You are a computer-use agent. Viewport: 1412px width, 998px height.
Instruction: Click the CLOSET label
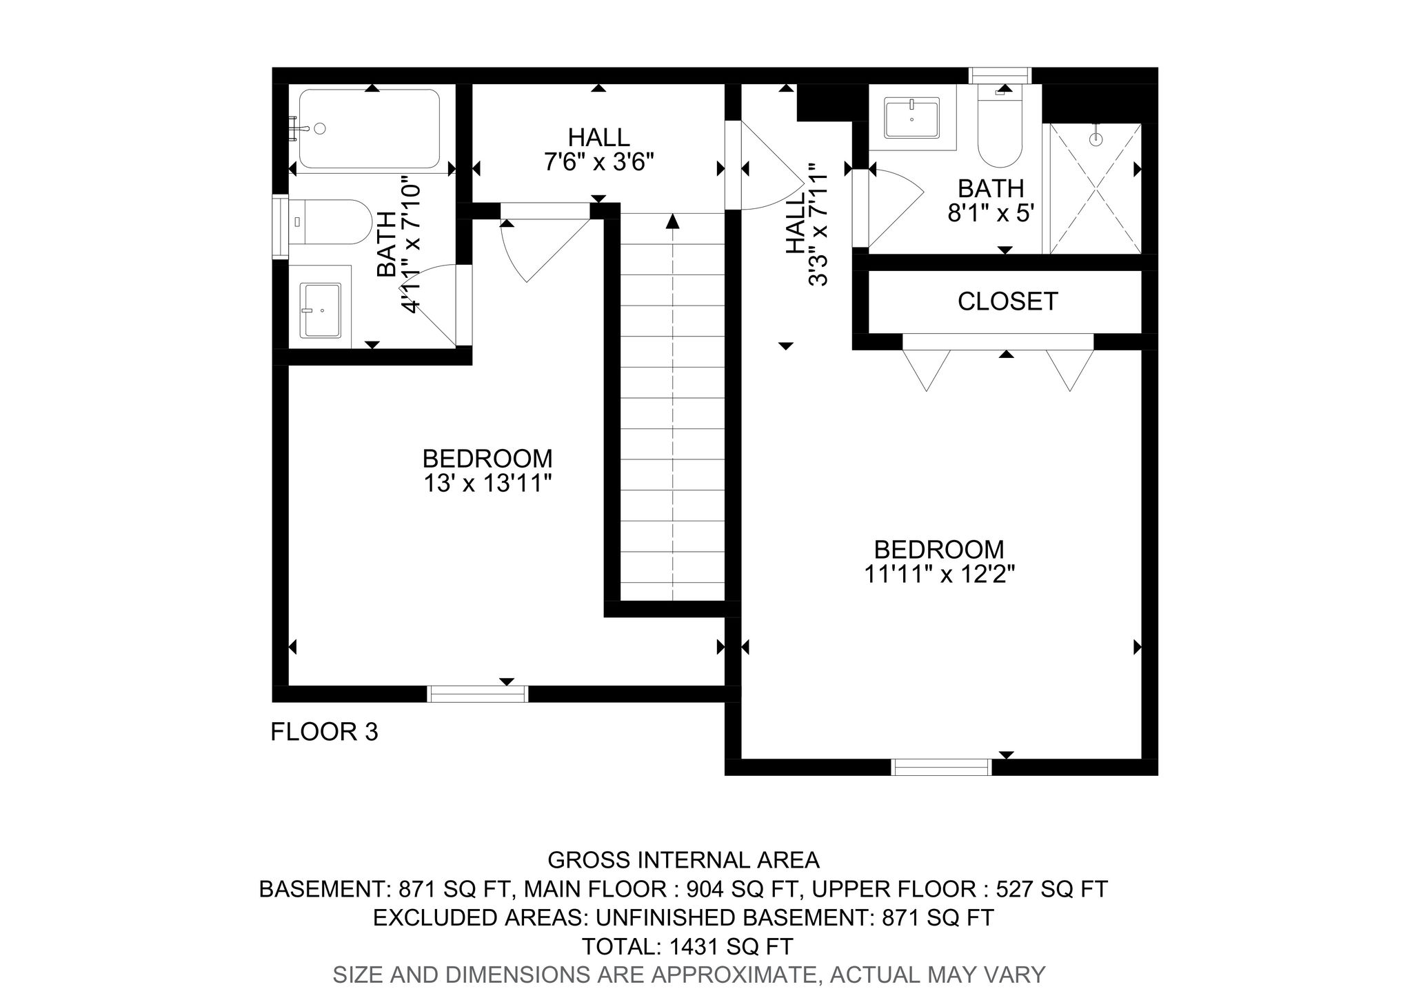pyautogui.click(x=1007, y=301)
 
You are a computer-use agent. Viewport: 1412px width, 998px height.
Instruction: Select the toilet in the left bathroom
pyautogui.click(x=331, y=221)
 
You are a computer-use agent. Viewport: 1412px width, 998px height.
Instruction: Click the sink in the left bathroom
pyautogui.click(x=322, y=310)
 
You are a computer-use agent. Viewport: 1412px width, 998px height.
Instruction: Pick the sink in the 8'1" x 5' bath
pyautogui.click(x=911, y=119)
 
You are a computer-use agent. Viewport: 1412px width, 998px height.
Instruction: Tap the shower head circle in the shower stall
pyautogui.click(x=1096, y=139)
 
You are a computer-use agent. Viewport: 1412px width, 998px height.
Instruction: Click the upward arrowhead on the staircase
pyautogui.click(x=672, y=221)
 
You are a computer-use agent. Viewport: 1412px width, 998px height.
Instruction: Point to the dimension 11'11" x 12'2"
pyautogui.click(x=939, y=575)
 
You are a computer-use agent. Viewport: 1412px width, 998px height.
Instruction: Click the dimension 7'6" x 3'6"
pyautogui.click(x=598, y=163)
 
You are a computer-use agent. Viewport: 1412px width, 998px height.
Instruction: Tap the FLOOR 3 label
pyautogui.click(x=324, y=732)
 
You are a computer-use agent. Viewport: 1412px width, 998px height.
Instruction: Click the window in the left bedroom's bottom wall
pyautogui.click(x=477, y=694)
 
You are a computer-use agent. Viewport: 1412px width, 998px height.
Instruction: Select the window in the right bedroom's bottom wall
pyautogui.click(x=941, y=767)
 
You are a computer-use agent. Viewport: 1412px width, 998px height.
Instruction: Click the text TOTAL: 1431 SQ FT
pyautogui.click(x=687, y=946)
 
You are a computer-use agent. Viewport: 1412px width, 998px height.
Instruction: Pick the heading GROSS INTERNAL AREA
pyautogui.click(x=683, y=860)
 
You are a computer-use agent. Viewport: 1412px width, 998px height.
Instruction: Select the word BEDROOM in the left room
pyautogui.click(x=487, y=459)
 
